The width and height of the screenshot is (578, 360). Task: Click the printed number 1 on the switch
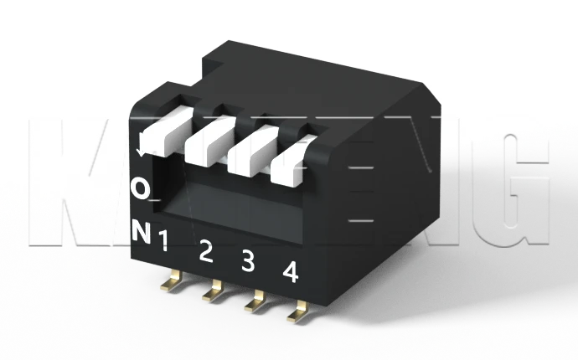coord(163,243)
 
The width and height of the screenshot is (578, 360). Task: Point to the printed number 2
coord(206,251)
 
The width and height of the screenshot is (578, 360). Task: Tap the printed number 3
coord(248,261)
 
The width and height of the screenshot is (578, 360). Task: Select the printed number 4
coord(291,271)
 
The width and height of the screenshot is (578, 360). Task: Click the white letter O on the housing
coord(142,189)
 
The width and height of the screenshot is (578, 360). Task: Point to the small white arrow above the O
coord(143,149)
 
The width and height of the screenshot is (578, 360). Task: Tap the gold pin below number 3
coord(254,304)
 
